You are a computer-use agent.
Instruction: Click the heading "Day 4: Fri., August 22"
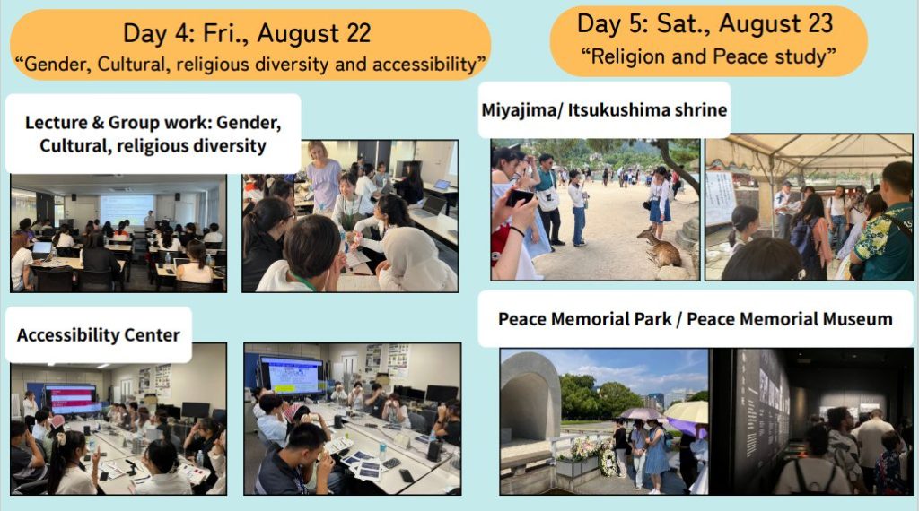click(x=247, y=33)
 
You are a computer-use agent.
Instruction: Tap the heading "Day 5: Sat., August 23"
click(x=705, y=24)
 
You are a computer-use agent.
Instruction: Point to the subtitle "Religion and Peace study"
click(x=709, y=56)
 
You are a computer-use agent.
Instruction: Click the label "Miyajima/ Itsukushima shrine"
click(x=604, y=110)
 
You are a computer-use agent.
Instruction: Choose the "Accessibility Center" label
click(x=99, y=334)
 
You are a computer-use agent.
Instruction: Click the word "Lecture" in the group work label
click(x=56, y=122)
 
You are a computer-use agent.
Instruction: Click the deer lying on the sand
click(x=661, y=247)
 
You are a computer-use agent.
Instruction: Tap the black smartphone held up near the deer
click(x=519, y=197)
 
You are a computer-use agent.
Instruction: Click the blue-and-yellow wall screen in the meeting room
click(x=292, y=375)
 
